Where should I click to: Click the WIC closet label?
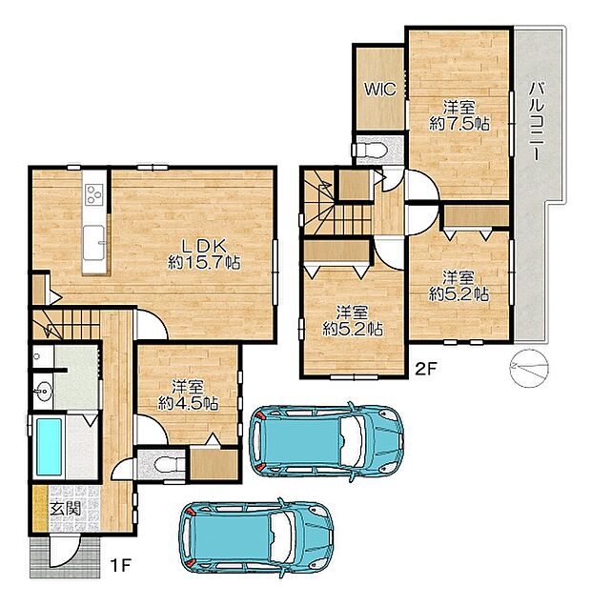(x=380, y=90)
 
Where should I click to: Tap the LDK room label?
(x=204, y=246)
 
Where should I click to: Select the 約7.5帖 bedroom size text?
(x=459, y=124)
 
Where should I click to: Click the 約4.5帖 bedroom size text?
(x=188, y=403)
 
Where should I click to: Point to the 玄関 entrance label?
(x=66, y=509)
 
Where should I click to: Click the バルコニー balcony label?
(x=536, y=121)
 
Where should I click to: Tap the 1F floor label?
(x=120, y=566)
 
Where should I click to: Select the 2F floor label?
(x=425, y=369)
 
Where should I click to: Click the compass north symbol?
(x=529, y=368)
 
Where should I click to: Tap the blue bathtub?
(x=49, y=447)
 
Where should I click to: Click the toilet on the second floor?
(x=369, y=150)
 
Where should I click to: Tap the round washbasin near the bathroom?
(x=42, y=391)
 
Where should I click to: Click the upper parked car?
(x=326, y=442)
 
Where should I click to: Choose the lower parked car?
(x=255, y=538)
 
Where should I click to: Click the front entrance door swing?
(x=65, y=551)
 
